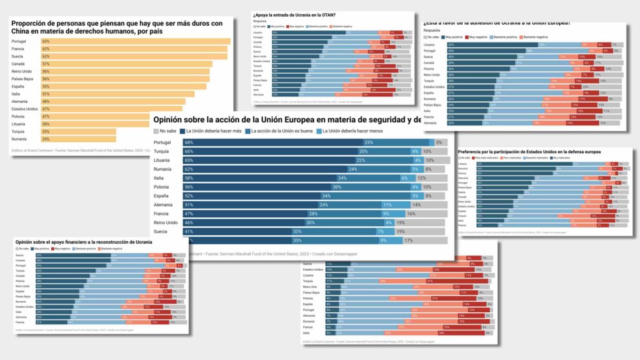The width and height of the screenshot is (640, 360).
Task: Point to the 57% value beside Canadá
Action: [46, 63]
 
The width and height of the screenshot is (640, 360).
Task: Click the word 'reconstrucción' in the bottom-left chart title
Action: [110, 242]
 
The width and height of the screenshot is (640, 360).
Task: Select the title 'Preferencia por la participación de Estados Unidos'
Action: [530, 151]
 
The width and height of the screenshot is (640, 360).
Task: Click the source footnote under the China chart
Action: [78, 151]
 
